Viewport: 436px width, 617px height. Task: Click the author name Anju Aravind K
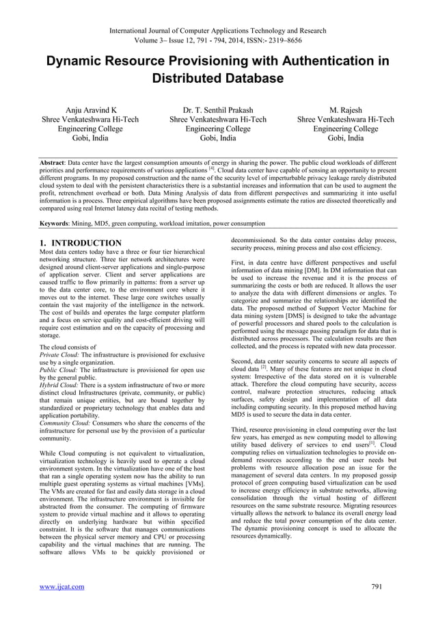coord(90,109)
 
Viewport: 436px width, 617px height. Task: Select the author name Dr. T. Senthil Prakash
coord(218,109)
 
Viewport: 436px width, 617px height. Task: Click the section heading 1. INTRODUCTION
coord(81,243)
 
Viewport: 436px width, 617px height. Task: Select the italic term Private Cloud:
coord(59,356)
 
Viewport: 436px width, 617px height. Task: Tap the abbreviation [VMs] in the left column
coord(192,484)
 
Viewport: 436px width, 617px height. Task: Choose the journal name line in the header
coord(218,30)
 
